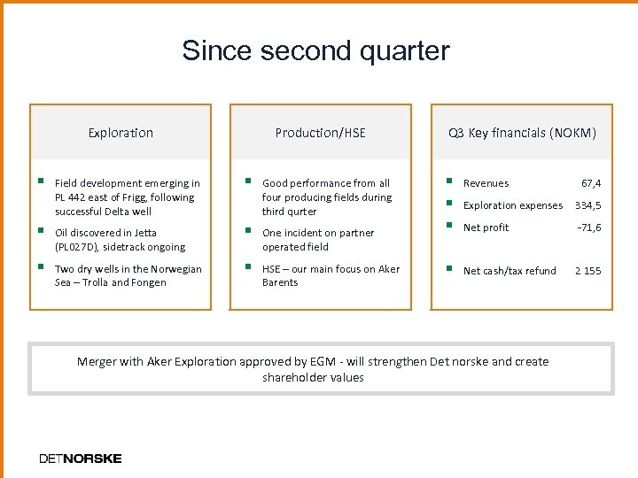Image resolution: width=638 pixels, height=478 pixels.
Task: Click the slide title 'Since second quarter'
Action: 315,50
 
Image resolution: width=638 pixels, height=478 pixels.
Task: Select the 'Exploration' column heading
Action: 121,133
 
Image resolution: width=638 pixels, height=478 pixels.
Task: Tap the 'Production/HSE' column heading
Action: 320,133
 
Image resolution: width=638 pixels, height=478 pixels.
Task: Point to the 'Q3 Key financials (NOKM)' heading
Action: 522,133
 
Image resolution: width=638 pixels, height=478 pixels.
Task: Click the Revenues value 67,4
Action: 590,183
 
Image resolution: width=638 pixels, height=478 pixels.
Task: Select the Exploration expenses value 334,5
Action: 587,205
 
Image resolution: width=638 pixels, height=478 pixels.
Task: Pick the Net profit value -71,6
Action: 588,227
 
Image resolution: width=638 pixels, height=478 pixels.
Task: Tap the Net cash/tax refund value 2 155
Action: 587,271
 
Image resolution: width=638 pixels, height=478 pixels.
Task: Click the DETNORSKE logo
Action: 81,459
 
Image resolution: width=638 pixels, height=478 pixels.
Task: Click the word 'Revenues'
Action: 486,183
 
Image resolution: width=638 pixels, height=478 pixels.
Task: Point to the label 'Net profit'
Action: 486,227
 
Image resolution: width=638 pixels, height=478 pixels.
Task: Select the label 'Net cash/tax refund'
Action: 510,271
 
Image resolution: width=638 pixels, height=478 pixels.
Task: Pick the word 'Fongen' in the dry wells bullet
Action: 148,282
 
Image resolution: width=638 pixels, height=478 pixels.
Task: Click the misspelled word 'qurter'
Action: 301,212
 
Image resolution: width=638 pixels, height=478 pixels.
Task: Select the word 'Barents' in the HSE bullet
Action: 280,282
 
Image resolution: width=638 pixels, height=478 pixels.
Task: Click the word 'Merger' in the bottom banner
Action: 97,361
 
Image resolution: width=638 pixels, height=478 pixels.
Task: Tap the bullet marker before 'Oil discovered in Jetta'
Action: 41,232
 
